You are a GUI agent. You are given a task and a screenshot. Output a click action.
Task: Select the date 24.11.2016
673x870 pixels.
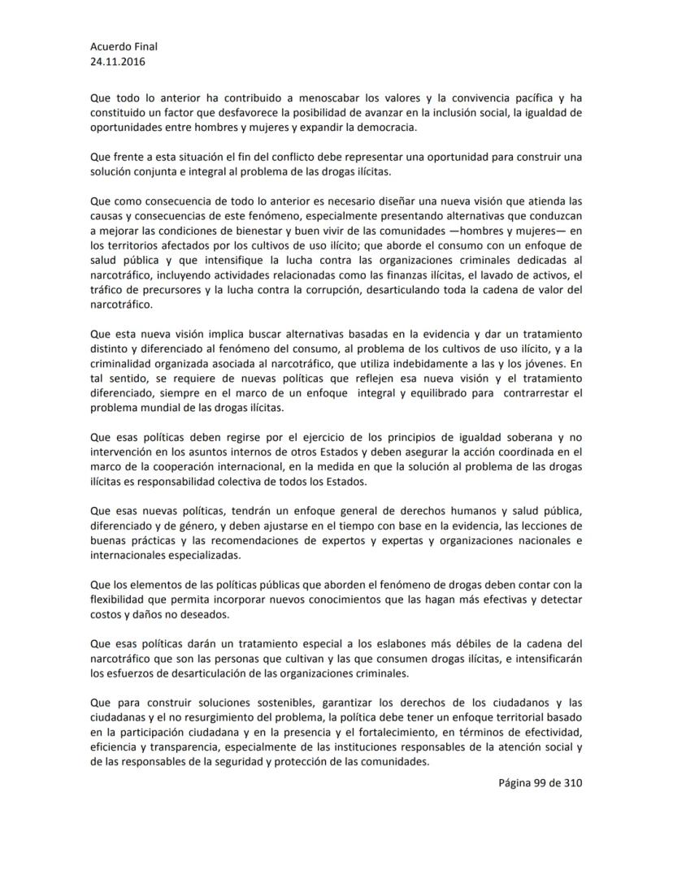pyautogui.click(x=118, y=61)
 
